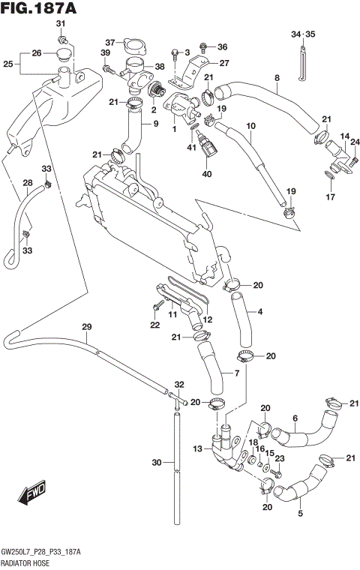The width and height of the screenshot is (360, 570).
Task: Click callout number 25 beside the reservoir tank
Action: coord(7,64)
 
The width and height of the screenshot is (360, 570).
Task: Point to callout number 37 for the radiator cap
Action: coord(109,42)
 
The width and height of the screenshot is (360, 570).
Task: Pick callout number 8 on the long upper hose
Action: coord(277,78)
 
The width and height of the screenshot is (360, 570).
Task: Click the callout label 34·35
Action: coord(304,34)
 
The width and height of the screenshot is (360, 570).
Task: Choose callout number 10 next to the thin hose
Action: coord(251,125)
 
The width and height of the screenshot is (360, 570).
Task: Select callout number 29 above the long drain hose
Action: coord(86,326)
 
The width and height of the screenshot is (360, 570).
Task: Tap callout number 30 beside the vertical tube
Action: coord(156,463)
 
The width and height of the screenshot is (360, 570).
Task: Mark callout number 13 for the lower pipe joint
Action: coord(197,448)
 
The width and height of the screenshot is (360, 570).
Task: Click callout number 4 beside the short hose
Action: coord(259,312)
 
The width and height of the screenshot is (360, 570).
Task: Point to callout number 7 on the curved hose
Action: coord(236,373)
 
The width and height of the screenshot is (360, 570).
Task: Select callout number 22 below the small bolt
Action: coord(154,325)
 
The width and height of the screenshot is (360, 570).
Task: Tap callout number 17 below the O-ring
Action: coord(329,198)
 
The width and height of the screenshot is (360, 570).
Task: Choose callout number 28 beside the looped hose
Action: coord(26,183)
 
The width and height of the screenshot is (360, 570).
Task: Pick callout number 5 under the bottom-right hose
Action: coord(301,514)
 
